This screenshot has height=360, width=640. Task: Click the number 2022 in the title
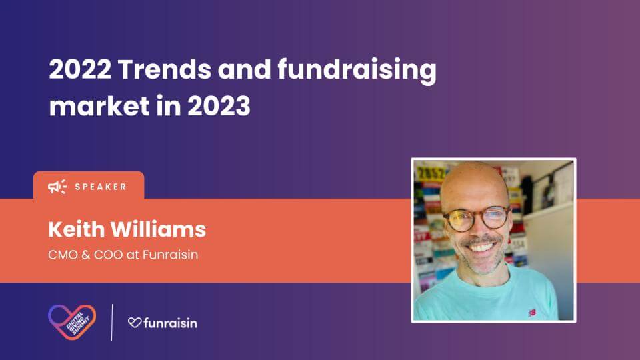[80, 69]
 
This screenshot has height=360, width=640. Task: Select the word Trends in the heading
[165, 69]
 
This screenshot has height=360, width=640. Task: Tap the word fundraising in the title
[357, 71]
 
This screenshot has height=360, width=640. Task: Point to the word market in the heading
[99, 106]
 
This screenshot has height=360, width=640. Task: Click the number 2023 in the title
[219, 106]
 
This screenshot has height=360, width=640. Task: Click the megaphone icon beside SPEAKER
[57, 187]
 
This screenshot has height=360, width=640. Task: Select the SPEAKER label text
[101, 187]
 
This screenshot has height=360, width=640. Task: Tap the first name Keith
[76, 229]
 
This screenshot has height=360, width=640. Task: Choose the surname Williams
[159, 229]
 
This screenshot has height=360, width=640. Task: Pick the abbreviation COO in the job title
[108, 255]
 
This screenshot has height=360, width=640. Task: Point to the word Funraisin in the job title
[170, 255]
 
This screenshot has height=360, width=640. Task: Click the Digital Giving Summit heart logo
[72, 322]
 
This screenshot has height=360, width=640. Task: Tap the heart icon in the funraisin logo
[135, 323]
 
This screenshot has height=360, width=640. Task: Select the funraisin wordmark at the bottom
[170, 323]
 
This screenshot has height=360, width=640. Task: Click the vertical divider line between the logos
[112, 323]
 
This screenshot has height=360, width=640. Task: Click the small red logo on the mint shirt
[532, 313]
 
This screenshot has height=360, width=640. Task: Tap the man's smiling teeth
[481, 247]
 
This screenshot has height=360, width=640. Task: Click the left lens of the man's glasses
[459, 221]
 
